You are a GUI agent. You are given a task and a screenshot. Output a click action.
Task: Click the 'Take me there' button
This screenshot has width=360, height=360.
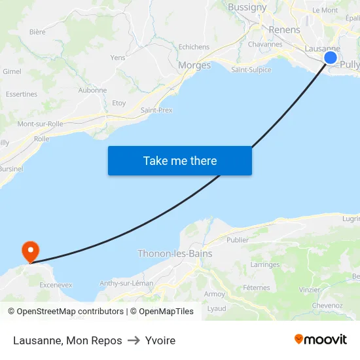click(180, 160)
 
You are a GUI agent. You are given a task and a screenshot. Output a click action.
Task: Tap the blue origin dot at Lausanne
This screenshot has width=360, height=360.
click(331, 58)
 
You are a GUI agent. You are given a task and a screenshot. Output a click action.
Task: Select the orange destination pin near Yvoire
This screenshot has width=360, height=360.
click(30, 251)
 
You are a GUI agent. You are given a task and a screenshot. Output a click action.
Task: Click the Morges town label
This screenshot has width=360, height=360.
click(194, 65)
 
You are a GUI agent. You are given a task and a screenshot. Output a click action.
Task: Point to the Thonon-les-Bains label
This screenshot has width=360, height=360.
click(175, 253)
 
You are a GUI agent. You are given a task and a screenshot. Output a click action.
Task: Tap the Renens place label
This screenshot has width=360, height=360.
click(285, 29)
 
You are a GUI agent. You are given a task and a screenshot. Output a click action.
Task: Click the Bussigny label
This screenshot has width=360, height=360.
click(247, 7)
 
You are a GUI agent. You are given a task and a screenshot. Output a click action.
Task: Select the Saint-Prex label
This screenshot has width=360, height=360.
click(156, 110)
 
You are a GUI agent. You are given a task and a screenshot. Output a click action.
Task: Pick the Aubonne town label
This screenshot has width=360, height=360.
click(92, 90)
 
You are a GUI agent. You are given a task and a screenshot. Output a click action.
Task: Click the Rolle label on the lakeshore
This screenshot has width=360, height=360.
click(41, 139)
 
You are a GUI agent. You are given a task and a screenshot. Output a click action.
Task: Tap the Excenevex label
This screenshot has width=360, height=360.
click(56, 285)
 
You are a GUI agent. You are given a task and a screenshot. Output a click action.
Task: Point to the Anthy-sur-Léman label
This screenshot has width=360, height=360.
click(126, 283)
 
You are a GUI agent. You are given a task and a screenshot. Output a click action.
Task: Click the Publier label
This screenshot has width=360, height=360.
click(238, 240)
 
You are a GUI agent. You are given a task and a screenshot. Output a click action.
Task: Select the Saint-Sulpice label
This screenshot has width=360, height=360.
click(251, 70)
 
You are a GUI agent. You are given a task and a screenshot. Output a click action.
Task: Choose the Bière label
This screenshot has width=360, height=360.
click(37, 31)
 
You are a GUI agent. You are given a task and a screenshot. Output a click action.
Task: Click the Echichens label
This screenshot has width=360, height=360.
click(194, 47)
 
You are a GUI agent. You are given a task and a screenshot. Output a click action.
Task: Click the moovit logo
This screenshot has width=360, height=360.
click(320, 340)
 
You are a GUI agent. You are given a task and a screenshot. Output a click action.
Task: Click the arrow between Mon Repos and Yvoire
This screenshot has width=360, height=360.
click(134, 340)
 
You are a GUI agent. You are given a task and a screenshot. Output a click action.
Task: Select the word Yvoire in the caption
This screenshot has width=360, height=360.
click(160, 340)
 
